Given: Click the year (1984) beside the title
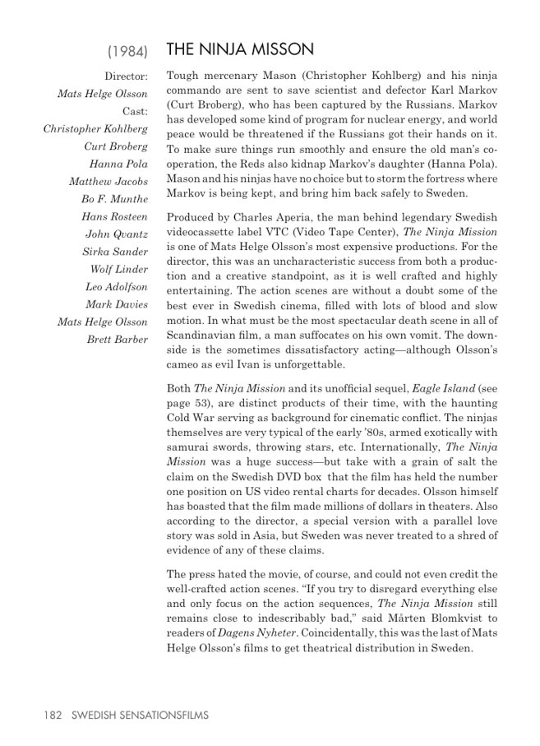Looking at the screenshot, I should (x=127, y=52).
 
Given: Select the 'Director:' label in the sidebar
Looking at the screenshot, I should (x=127, y=76).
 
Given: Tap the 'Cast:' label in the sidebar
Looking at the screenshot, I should (x=135, y=111).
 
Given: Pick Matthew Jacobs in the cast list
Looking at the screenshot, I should (x=108, y=181).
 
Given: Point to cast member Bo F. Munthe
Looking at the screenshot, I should (x=114, y=199).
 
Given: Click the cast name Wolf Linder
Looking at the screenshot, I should (x=119, y=269).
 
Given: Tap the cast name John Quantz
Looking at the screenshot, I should (x=117, y=234).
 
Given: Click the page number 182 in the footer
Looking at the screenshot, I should (x=53, y=716).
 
